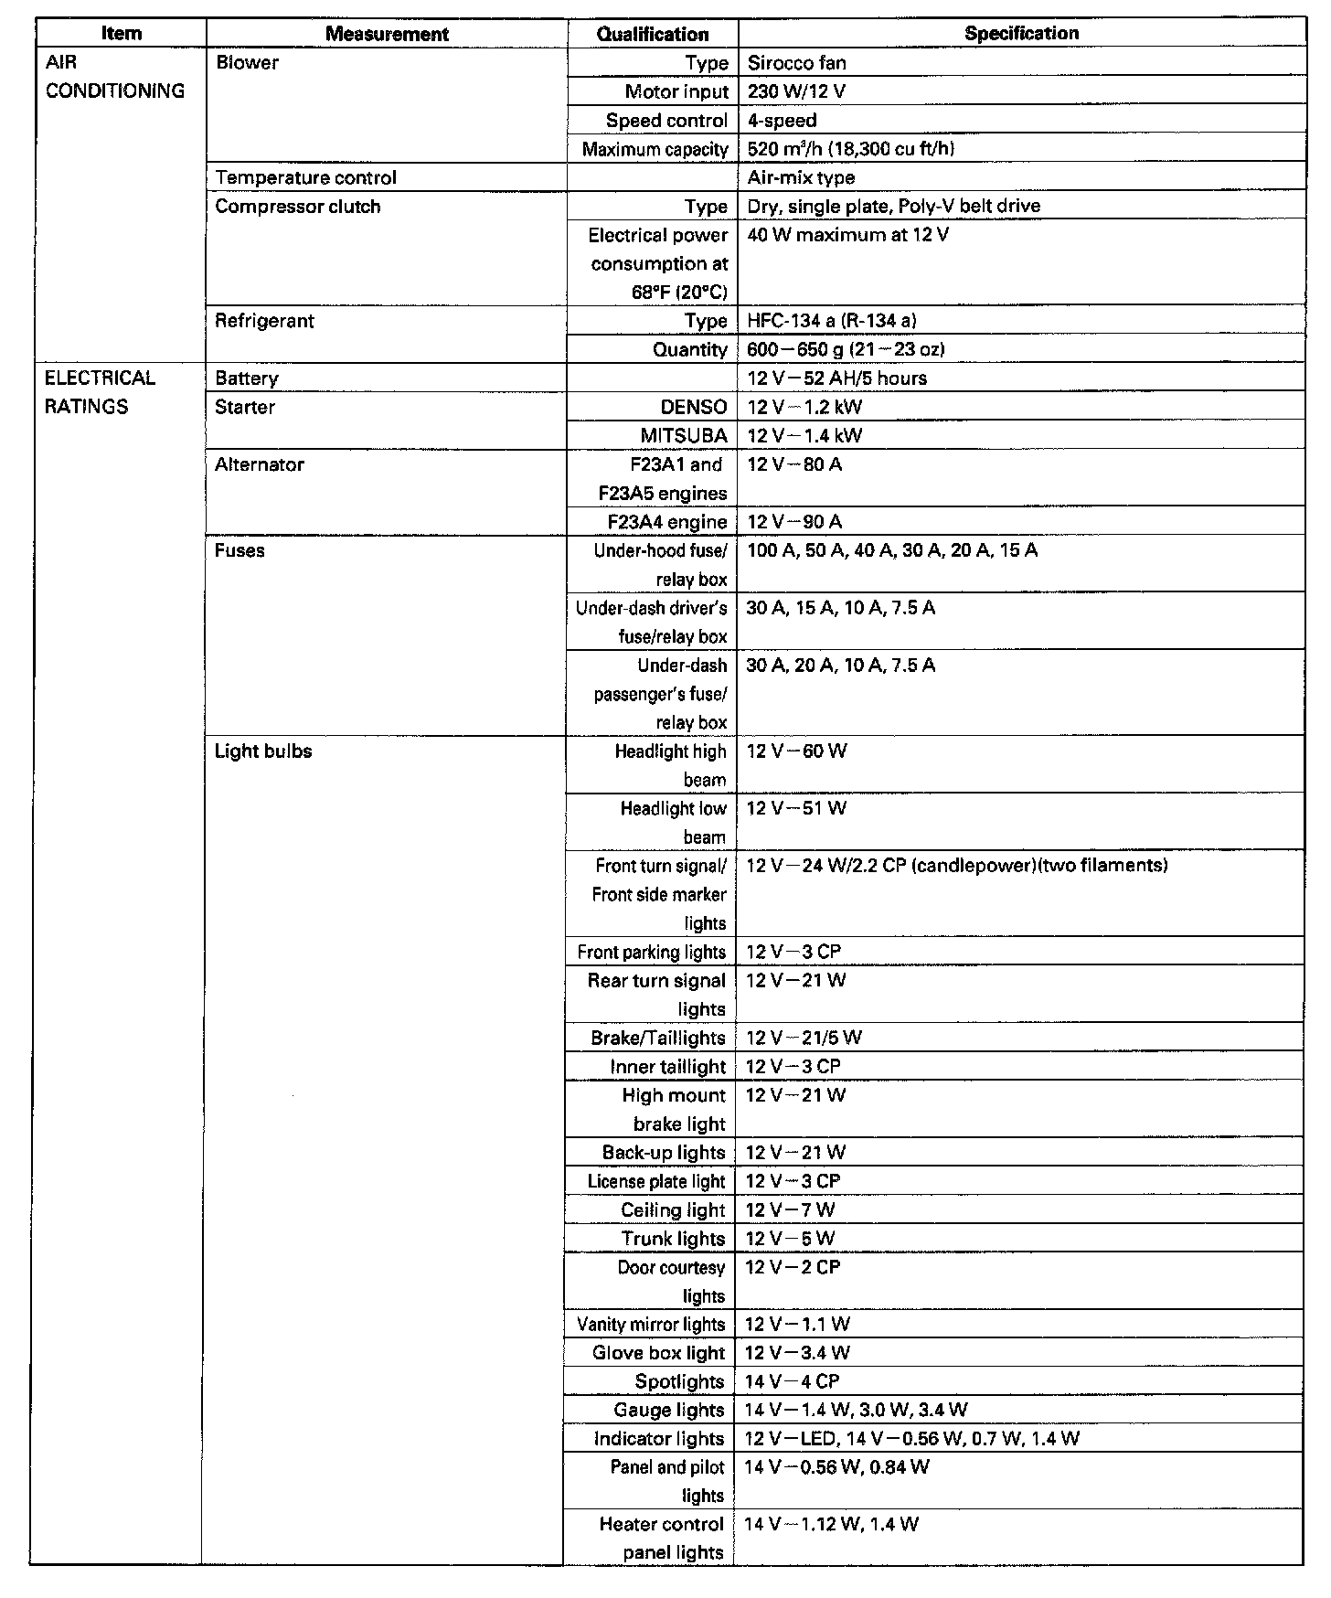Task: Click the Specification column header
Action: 1021,34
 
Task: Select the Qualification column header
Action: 653,35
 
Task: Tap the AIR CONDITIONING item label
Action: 114,77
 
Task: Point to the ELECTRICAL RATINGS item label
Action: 100,392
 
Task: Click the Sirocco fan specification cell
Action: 796,63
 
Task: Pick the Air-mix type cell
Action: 801,177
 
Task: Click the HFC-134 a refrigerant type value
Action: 831,321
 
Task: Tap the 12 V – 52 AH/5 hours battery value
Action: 836,378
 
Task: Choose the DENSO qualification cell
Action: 694,408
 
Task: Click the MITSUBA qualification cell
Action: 684,436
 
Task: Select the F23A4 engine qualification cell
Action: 667,522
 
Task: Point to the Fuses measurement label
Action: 240,550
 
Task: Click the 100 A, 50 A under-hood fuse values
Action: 891,550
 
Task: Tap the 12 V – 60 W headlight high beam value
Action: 796,751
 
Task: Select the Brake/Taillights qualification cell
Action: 658,1039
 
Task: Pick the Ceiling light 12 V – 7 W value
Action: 790,1210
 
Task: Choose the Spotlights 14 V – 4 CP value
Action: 792,1381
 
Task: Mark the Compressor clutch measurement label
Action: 297,207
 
